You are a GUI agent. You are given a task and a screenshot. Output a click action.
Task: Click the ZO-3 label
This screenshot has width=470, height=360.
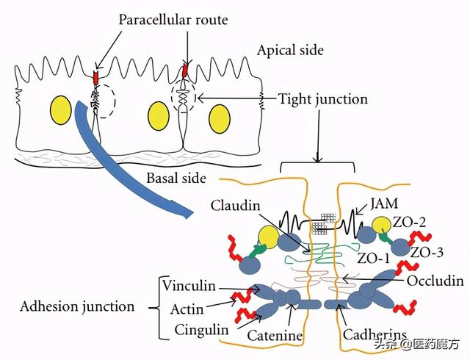point(426,251)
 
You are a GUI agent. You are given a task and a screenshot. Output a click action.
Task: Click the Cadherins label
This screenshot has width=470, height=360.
point(375,335)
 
